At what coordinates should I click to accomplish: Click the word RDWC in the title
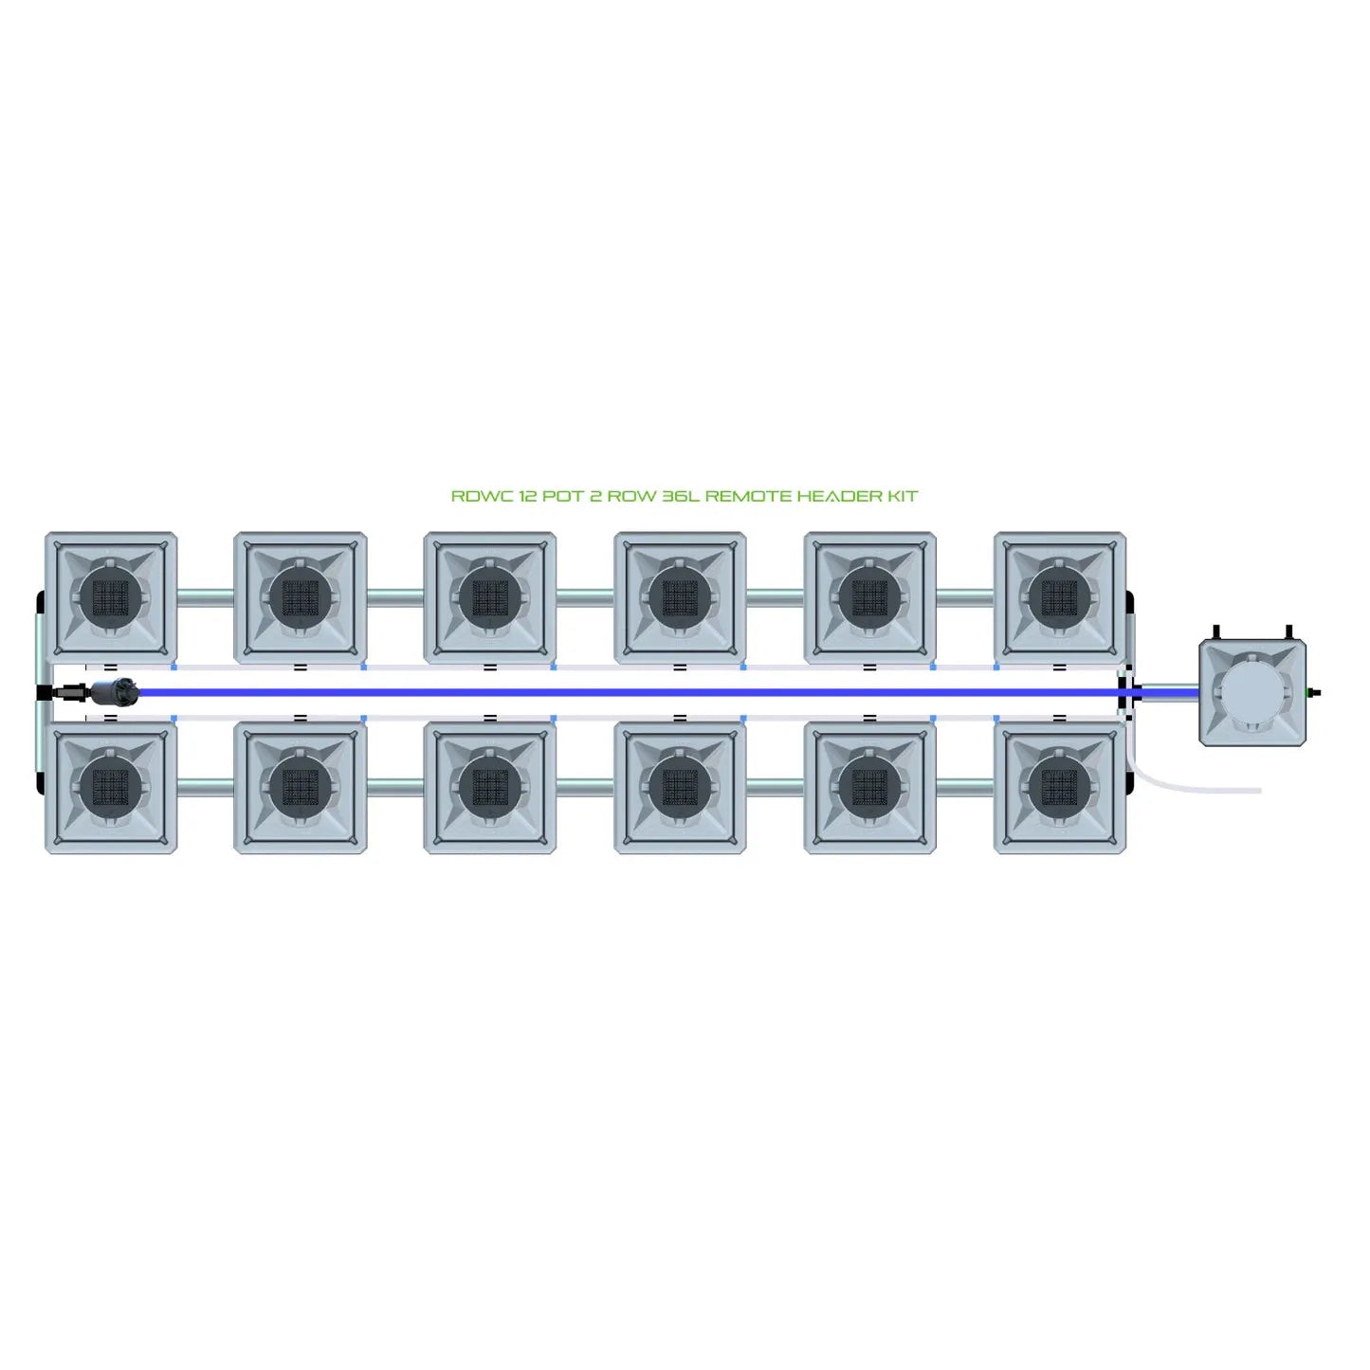(482, 496)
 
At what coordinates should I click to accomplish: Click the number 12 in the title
(527, 496)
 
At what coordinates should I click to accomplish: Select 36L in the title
(680, 496)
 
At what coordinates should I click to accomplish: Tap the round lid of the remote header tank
(1251, 692)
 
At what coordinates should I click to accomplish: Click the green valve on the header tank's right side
(1313, 693)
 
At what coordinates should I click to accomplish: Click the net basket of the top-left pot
(111, 597)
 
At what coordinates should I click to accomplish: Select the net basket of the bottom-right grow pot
(1060, 787)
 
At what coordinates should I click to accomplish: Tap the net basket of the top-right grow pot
(1060, 597)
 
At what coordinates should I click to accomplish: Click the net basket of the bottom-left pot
(111, 787)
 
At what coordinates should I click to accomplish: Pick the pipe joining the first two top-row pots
(205, 597)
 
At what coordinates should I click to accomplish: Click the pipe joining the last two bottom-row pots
(965, 787)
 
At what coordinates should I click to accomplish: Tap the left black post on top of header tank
(1215, 632)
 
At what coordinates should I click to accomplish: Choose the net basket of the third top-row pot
(490, 597)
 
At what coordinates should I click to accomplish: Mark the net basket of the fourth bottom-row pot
(680, 787)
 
